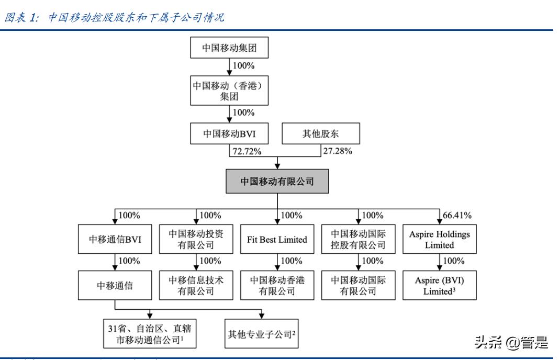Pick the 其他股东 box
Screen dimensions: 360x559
coord(321,133)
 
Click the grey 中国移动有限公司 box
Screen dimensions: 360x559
coord(277,182)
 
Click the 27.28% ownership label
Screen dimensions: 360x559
coord(336,151)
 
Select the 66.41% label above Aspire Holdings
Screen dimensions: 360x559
coord(457,215)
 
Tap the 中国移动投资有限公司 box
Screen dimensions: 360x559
coord(196,240)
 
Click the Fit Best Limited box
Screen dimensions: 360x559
coord(277,240)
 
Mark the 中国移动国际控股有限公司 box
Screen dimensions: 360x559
coord(359,240)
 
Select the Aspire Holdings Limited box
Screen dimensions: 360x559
coord(440,240)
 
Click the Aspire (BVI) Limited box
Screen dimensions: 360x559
coord(440,286)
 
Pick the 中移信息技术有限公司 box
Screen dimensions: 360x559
coord(196,286)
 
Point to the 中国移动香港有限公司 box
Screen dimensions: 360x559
coord(277,286)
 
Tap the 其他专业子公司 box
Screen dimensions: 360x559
coord(262,334)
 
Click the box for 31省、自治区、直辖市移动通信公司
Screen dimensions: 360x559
coord(149,334)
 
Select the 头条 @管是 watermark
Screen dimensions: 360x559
coord(511,343)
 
